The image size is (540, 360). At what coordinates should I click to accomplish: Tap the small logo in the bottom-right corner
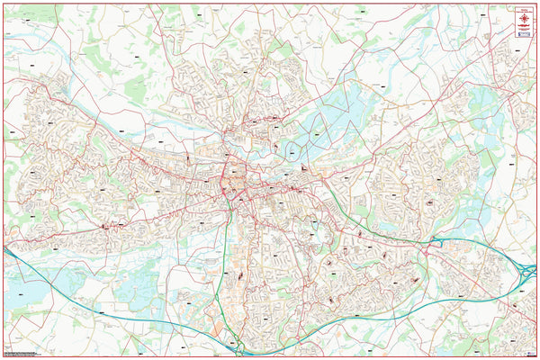[527, 352]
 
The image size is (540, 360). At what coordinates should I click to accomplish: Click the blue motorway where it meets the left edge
[4, 249]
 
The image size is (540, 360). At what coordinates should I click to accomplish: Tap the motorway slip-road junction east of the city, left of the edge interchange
[436, 240]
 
